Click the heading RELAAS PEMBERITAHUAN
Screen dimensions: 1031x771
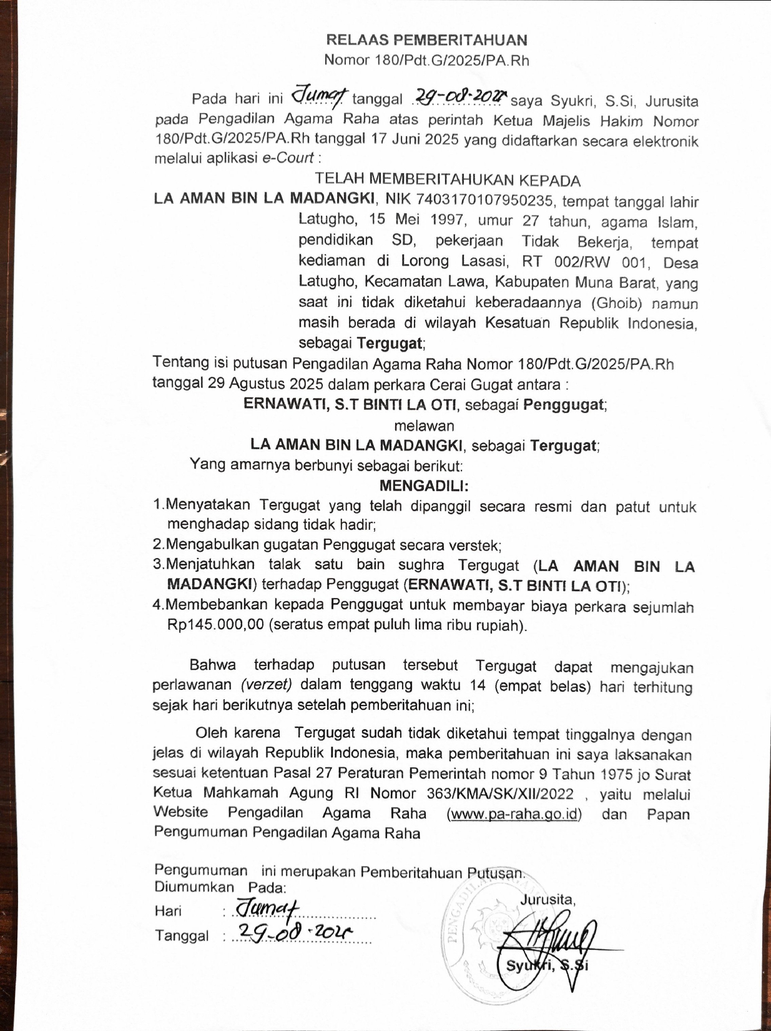pyautogui.click(x=426, y=40)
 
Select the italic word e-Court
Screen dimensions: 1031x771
pyautogui.click(x=287, y=158)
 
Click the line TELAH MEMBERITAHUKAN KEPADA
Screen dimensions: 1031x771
pyautogui.click(x=448, y=181)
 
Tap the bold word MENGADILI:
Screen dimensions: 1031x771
pyautogui.click(x=425, y=486)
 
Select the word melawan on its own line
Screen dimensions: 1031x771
pyautogui.click(x=425, y=426)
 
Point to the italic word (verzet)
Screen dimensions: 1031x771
pyautogui.click(x=267, y=684)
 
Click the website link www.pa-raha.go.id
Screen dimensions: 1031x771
pyautogui.click(x=514, y=814)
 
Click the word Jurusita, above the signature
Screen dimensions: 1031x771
pyautogui.click(x=548, y=899)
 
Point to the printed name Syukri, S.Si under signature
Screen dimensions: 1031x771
pyautogui.click(x=547, y=965)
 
